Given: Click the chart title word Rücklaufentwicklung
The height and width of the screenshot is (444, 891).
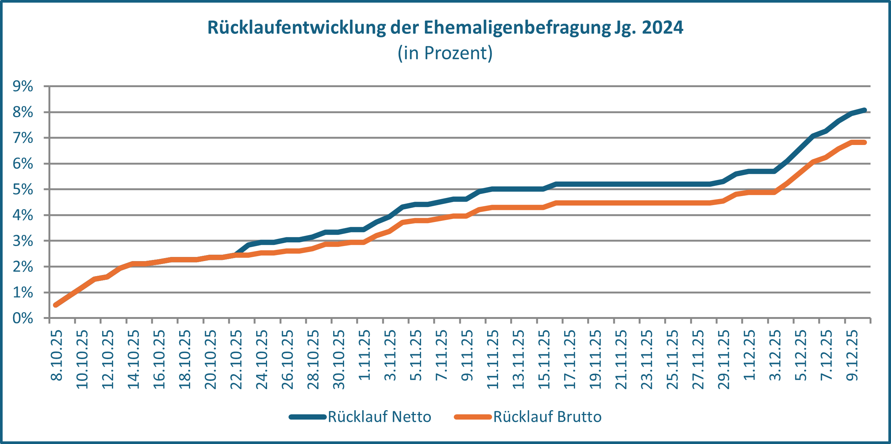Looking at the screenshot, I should [296, 28].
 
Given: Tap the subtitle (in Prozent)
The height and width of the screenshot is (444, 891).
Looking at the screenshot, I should [445, 53].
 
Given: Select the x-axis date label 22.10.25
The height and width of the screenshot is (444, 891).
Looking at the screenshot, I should [236, 359].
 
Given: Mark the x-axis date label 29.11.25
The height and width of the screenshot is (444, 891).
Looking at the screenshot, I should [724, 359].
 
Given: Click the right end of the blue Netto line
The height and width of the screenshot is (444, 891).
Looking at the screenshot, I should [864, 110].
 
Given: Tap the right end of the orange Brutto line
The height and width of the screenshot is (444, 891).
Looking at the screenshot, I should [864, 142].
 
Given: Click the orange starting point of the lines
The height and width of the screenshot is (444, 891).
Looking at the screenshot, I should [56, 305].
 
